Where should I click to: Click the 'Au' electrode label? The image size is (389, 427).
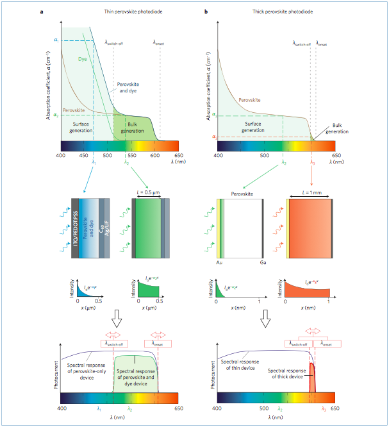coord(220,263)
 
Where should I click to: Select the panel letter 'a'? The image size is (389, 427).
coord(42,12)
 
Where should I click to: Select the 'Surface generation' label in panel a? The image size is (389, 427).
coord(81,128)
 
